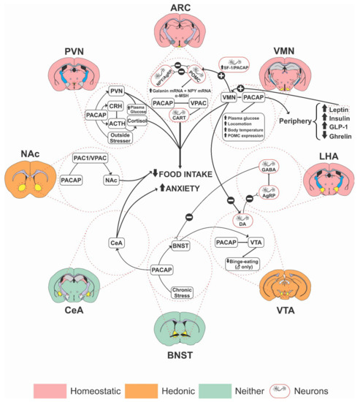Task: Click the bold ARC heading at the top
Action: [x=180, y=8]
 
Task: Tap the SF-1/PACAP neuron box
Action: [x=240, y=68]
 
